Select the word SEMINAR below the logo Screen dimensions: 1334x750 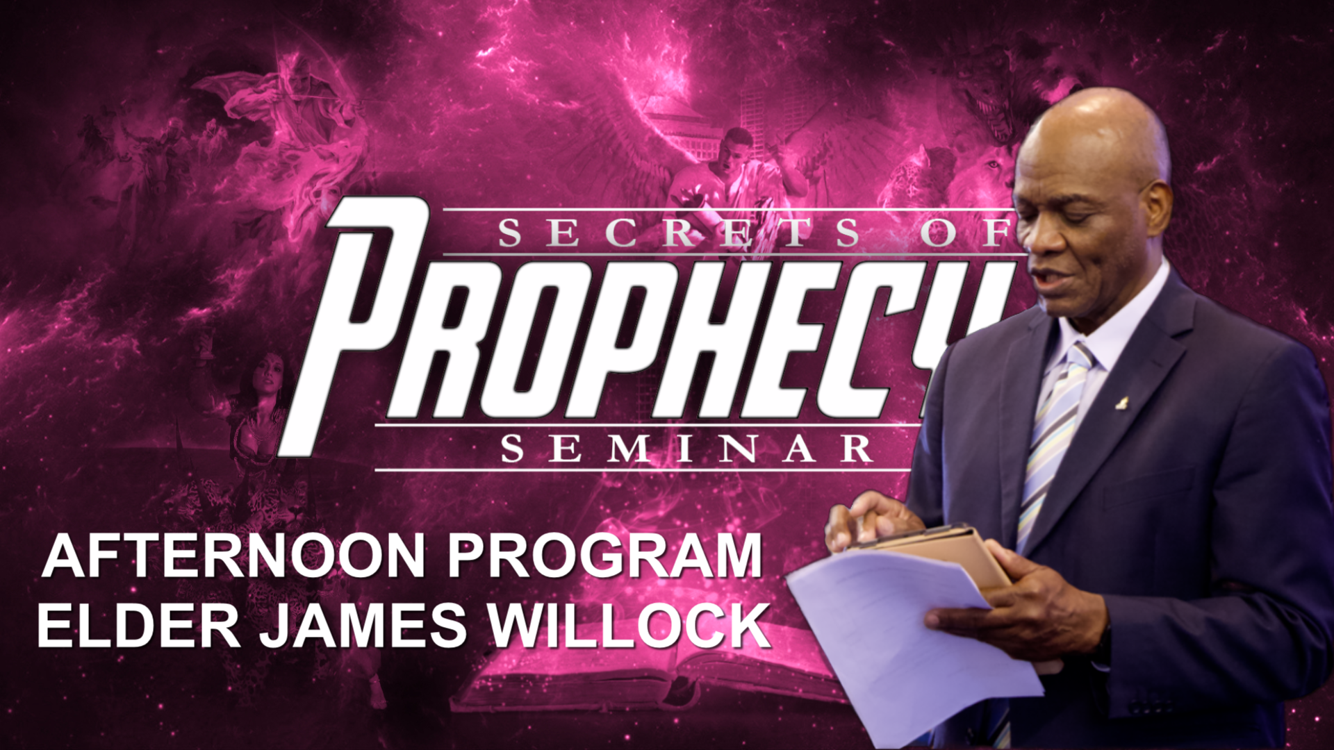click(x=686, y=449)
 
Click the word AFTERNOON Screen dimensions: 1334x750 click(x=233, y=556)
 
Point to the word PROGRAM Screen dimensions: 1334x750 click(x=605, y=556)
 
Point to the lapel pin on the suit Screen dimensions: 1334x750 click(x=1121, y=401)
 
